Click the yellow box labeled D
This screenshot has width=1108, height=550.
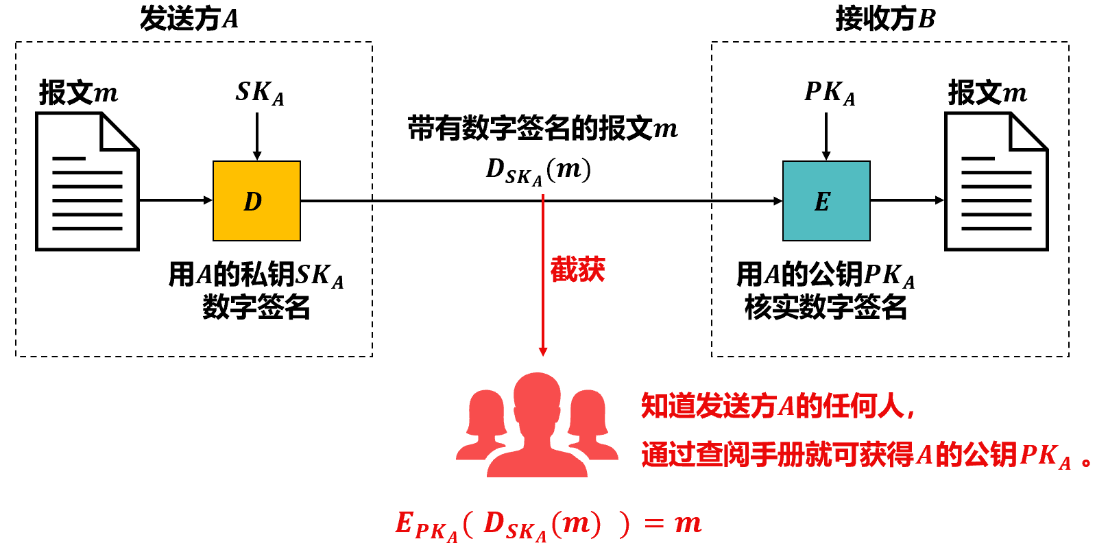[x=256, y=201]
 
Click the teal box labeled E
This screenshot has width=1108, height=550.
[x=826, y=201]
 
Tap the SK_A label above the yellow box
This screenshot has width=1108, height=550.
[x=259, y=93]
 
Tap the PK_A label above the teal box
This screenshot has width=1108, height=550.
[x=829, y=93]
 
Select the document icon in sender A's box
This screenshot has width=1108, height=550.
[x=88, y=182]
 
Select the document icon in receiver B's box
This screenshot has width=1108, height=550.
[x=996, y=182]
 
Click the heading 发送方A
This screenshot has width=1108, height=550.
[x=189, y=19]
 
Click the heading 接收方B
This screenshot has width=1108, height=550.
[x=885, y=19]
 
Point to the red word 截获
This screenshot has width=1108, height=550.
[x=577, y=270]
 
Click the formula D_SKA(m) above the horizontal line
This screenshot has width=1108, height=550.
[x=538, y=170]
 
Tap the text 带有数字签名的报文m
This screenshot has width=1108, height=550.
[x=542, y=128]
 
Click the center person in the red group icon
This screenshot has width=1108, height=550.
[x=538, y=425]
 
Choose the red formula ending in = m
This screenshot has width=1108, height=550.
[x=549, y=525]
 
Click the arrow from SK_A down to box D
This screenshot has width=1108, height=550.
[x=257, y=136]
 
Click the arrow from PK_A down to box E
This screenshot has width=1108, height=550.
[x=826, y=136]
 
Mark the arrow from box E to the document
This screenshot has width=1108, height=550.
[x=906, y=200]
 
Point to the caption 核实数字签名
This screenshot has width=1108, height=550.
[x=826, y=307]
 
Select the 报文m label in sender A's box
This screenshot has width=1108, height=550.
[x=78, y=93]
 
